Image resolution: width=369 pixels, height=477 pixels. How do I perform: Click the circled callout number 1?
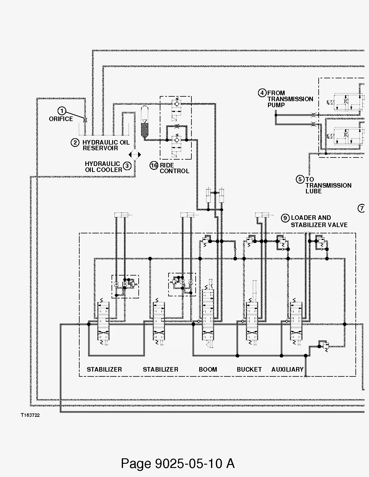pos(62,111)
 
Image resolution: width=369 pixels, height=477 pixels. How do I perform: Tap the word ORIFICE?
pos(61,119)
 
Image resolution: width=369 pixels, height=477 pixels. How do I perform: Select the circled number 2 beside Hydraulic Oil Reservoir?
pos(75,142)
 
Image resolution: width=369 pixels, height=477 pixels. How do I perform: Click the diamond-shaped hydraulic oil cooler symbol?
pos(135,155)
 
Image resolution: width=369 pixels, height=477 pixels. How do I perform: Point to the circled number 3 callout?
pos(127,166)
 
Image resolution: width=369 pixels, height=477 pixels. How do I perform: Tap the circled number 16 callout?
pos(154,165)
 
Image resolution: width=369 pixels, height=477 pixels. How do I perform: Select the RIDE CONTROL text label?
pos(174,168)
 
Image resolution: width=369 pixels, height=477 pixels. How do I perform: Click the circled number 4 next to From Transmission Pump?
pos(262,93)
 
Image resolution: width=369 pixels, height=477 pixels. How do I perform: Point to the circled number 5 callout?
pos(300,179)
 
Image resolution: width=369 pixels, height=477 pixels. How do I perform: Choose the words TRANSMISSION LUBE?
pos(328,188)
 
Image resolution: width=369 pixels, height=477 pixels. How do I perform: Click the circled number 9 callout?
pos(285,218)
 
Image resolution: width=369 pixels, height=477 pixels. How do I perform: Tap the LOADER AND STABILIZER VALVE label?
pos(319,221)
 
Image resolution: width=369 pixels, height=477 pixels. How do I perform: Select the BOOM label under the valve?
pos(208,369)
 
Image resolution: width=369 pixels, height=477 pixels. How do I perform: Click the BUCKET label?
pos(249,369)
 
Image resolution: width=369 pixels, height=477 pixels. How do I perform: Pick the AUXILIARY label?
pos(287,369)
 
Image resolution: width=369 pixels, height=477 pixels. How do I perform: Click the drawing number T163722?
pos(30,415)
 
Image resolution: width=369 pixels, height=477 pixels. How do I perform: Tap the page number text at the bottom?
pos(178,463)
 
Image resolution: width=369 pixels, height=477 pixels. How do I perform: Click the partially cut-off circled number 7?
pos(361,208)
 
